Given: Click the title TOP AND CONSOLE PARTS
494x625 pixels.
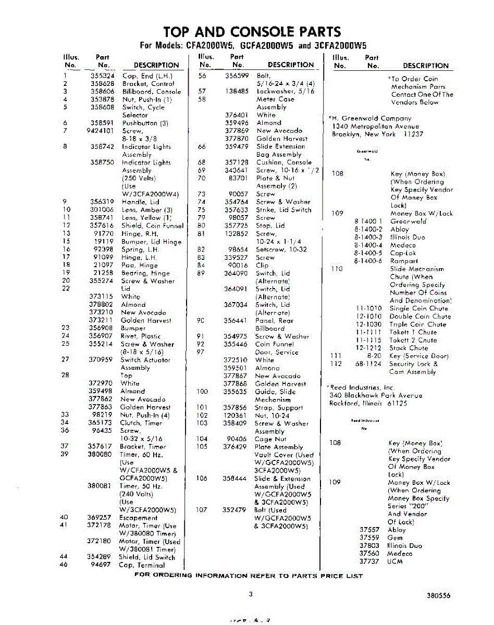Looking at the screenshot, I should (252, 32).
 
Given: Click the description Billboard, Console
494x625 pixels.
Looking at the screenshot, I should (152, 92).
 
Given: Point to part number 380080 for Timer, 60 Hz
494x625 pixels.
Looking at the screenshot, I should (100, 454).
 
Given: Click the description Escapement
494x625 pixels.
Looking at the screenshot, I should (138, 518).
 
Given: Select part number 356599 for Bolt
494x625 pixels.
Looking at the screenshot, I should (236, 76).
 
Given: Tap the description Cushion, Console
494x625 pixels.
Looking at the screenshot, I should (284, 162).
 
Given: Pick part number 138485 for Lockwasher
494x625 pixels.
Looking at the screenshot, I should (236, 91).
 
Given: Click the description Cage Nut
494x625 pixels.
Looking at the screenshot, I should (271, 439).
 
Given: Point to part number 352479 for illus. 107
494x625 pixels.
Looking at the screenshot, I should (234, 510).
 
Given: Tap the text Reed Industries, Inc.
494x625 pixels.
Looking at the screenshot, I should (362, 387).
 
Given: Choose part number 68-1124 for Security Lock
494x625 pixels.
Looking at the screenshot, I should (368, 364).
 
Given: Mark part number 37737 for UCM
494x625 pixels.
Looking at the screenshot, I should (369, 561).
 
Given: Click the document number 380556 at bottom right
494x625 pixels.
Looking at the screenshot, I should (438, 596).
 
